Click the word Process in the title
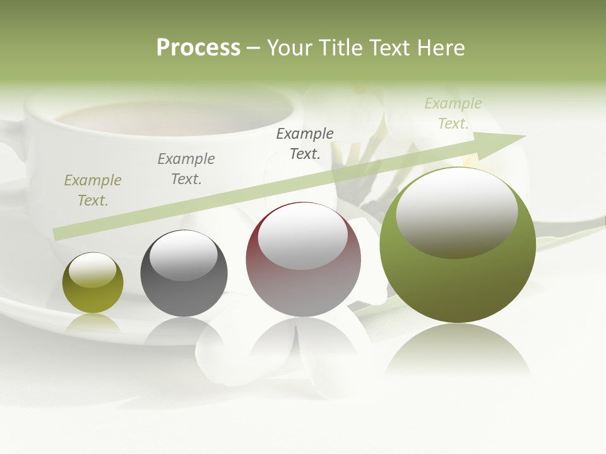198,48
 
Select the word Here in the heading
440,48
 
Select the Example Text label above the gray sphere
186,169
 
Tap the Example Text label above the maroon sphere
305,143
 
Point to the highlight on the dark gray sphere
183,255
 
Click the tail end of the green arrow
58,234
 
